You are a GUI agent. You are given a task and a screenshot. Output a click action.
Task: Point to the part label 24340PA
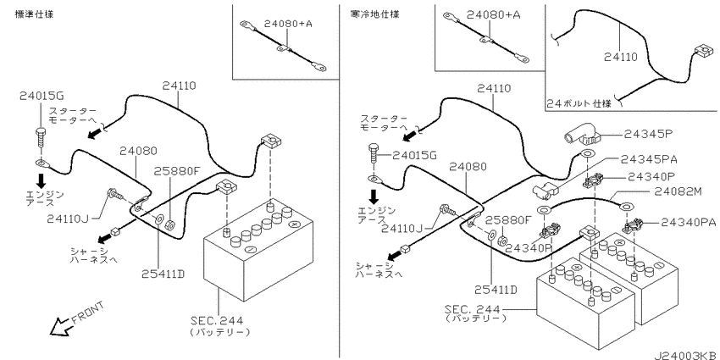(x=684, y=223)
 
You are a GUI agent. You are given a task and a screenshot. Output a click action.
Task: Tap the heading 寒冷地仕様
(x=375, y=14)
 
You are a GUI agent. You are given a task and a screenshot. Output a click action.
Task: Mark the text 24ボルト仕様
(x=579, y=105)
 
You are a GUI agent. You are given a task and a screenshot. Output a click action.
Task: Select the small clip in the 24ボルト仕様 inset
(x=701, y=53)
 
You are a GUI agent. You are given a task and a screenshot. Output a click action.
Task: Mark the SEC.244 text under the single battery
(x=219, y=320)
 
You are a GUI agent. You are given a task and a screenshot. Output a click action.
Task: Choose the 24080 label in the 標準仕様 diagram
(x=138, y=151)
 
